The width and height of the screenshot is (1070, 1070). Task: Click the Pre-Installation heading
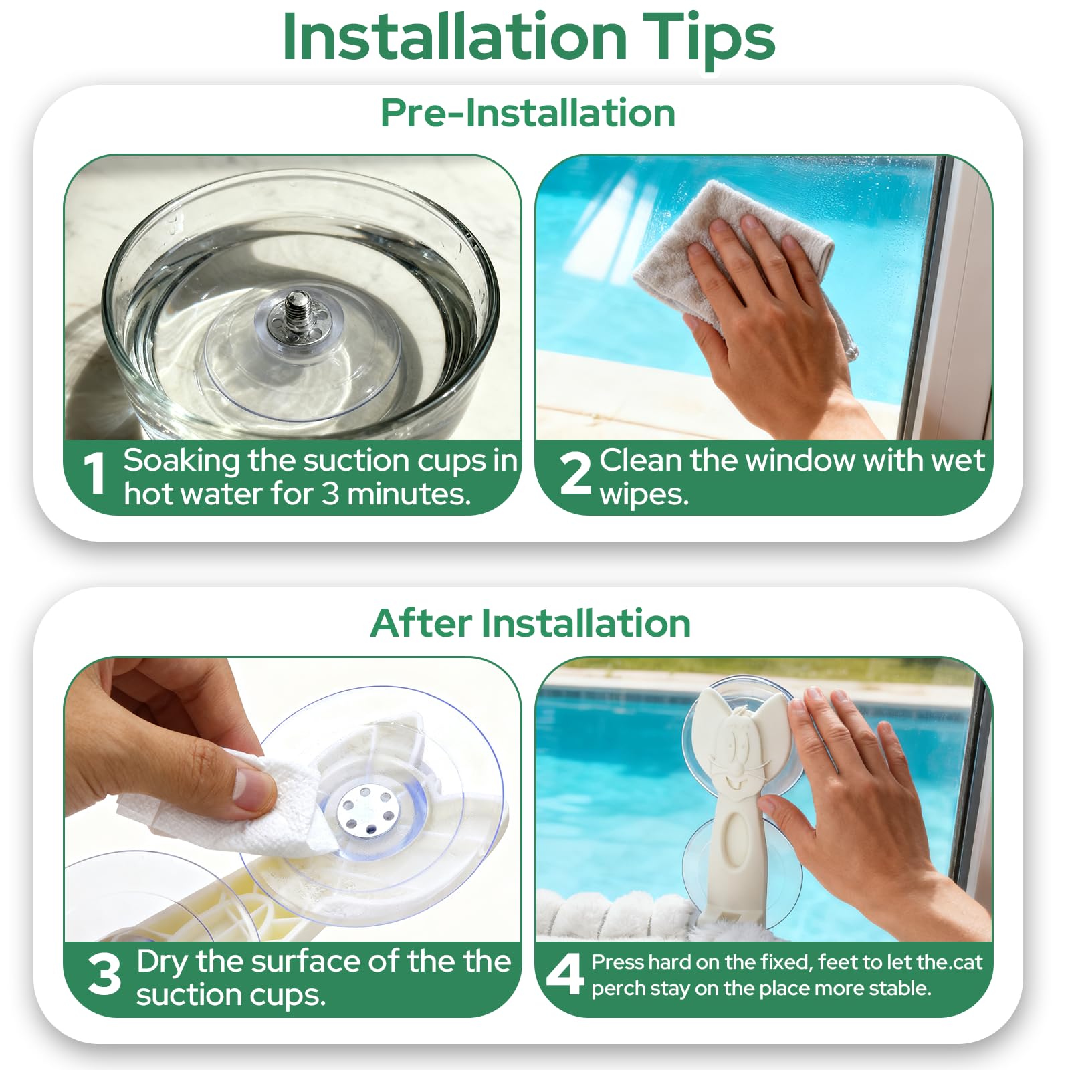click(528, 112)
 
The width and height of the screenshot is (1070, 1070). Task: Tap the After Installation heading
click(530, 623)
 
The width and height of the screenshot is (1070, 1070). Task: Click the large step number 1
click(95, 473)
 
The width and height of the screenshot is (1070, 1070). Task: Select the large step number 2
click(575, 473)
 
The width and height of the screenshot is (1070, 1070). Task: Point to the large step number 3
click(104, 974)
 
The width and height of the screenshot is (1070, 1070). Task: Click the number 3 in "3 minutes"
click(330, 494)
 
